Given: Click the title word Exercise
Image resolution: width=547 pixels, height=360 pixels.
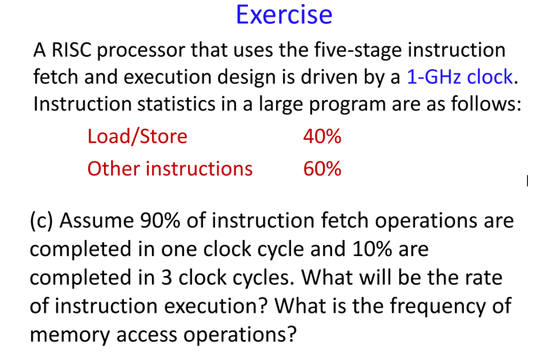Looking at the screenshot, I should (284, 15).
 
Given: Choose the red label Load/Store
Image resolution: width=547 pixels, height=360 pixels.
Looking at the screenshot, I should (137, 136).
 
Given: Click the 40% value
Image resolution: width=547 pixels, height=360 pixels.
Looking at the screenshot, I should (322, 136).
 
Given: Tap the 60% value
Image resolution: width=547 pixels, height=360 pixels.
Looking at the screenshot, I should (322, 168).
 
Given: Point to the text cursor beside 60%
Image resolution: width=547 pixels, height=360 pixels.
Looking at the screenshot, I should (527, 182).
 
